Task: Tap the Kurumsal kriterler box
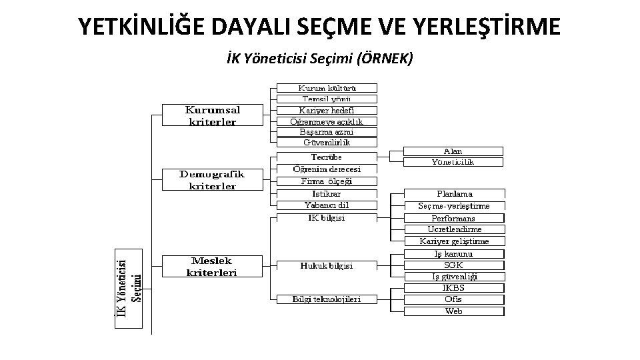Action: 213,115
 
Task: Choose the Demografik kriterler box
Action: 212,180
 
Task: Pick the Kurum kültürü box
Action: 327,88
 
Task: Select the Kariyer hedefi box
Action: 327,111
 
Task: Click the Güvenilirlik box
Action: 327,142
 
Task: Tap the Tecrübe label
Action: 327,157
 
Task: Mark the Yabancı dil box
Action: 327,205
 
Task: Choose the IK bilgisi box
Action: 327,218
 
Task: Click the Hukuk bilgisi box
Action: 327,265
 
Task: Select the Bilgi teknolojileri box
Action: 327,299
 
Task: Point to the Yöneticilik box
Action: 454,162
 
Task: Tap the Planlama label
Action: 454,194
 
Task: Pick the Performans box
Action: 454,218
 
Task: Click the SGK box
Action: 454,265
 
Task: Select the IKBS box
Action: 454,288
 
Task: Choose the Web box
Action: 454,311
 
